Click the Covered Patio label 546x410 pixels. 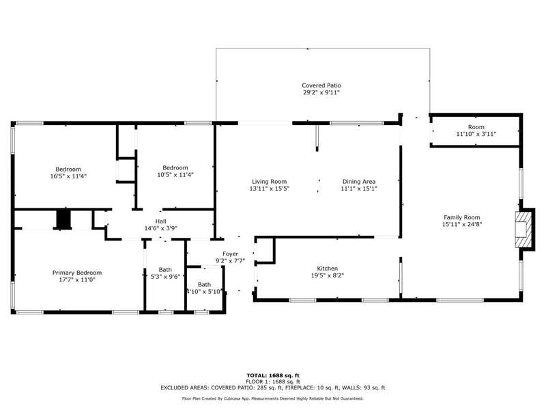pyautogui.click(x=321, y=85)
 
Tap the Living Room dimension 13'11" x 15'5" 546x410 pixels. pyautogui.click(x=269, y=189)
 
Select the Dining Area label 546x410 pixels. pyautogui.click(x=359, y=182)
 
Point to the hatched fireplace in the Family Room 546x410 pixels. pyautogui.click(x=523, y=230)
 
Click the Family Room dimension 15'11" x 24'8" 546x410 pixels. pyautogui.click(x=462, y=225)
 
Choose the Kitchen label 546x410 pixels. pyautogui.click(x=328, y=269)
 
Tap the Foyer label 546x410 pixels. pyautogui.click(x=230, y=254)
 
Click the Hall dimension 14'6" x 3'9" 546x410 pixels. pyautogui.click(x=160, y=228)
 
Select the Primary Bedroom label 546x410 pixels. pyautogui.click(x=77, y=273)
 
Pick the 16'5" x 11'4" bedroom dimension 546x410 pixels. pyautogui.click(x=68, y=176)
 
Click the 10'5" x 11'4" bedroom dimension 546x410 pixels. pyautogui.click(x=175, y=175)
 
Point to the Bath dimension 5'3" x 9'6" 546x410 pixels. pyautogui.click(x=165, y=277)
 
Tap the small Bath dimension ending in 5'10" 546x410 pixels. pyautogui.click(x=204, y=292)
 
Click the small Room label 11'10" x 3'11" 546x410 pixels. pyautogui.click(x=476, y=131)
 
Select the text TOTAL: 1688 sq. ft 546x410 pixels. pyautogui.click(x=273, y=375)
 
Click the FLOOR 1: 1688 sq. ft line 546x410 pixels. pyautogui.click(x=273, y=382)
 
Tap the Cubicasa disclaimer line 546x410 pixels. pyautogui.click(x=272, y=398)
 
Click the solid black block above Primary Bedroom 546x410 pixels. pyautogui.click(x=63, y=219)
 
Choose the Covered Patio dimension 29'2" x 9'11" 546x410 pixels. pyautogui.click(x=321, y=93)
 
